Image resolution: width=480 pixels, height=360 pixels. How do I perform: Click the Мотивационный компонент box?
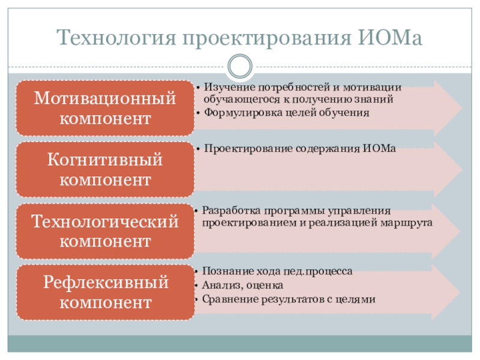coord(105,108)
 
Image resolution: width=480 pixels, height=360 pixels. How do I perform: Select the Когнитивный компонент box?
coord(105,170)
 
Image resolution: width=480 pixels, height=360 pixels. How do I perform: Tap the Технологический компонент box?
coord(105,232)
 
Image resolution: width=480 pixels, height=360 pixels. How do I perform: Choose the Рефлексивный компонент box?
coord(105,292)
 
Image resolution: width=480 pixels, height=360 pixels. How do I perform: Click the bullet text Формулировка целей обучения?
coord(286,112)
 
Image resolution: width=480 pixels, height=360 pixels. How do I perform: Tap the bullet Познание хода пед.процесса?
coord(277,271)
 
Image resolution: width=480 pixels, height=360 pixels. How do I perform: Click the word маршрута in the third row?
coord(411,222)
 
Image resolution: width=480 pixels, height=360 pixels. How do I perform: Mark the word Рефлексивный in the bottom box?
coord(105,282)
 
